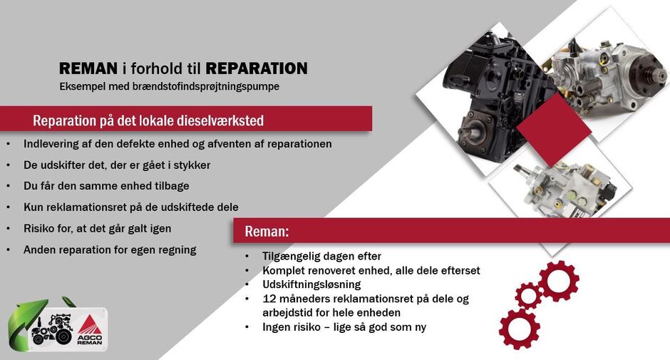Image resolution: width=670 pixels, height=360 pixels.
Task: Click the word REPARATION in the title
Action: (x=257, y=68)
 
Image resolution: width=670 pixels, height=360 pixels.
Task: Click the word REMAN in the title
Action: (x=88, y=68)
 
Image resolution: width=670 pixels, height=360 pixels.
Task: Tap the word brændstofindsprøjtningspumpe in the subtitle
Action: (x=205, y=86)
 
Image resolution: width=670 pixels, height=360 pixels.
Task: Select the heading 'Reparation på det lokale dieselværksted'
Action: (x=148, y=120)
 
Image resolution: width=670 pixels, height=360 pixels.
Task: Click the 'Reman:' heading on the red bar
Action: (x=267, y=231)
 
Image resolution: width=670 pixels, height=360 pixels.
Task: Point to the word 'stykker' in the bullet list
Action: (x=192, y=165)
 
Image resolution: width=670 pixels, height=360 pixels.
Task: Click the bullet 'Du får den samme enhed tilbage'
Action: (x=106, y=186)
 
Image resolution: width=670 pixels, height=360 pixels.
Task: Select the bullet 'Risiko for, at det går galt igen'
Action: (x=98, y=228)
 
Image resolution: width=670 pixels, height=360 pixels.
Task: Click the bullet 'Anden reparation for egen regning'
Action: (x=110, y=250)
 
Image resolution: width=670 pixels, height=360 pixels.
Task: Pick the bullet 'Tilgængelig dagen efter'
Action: (x=321, y=256)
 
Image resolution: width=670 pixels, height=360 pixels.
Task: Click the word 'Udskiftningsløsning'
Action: (x=311, y=284)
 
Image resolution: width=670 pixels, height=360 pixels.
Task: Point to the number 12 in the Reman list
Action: (x=269, y=299)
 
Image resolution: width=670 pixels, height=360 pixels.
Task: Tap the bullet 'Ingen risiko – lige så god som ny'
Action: (x=344, y=327)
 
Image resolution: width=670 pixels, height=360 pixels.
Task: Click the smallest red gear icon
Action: (x=528, y=296)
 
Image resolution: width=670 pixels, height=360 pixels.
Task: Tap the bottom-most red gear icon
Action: (x=519, y=329)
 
